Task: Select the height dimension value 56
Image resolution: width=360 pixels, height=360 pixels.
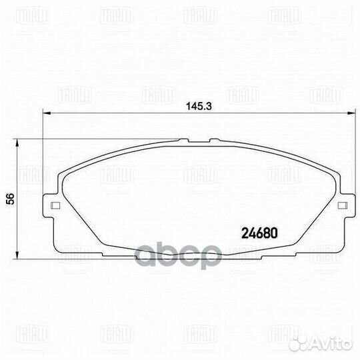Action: (x=9, y=199)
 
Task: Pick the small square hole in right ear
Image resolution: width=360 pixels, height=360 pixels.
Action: (x=341, y=205)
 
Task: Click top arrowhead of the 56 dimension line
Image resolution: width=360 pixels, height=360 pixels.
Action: (x=18, y=142)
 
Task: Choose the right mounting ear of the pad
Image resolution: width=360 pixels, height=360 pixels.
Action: (x=343, y=205)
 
